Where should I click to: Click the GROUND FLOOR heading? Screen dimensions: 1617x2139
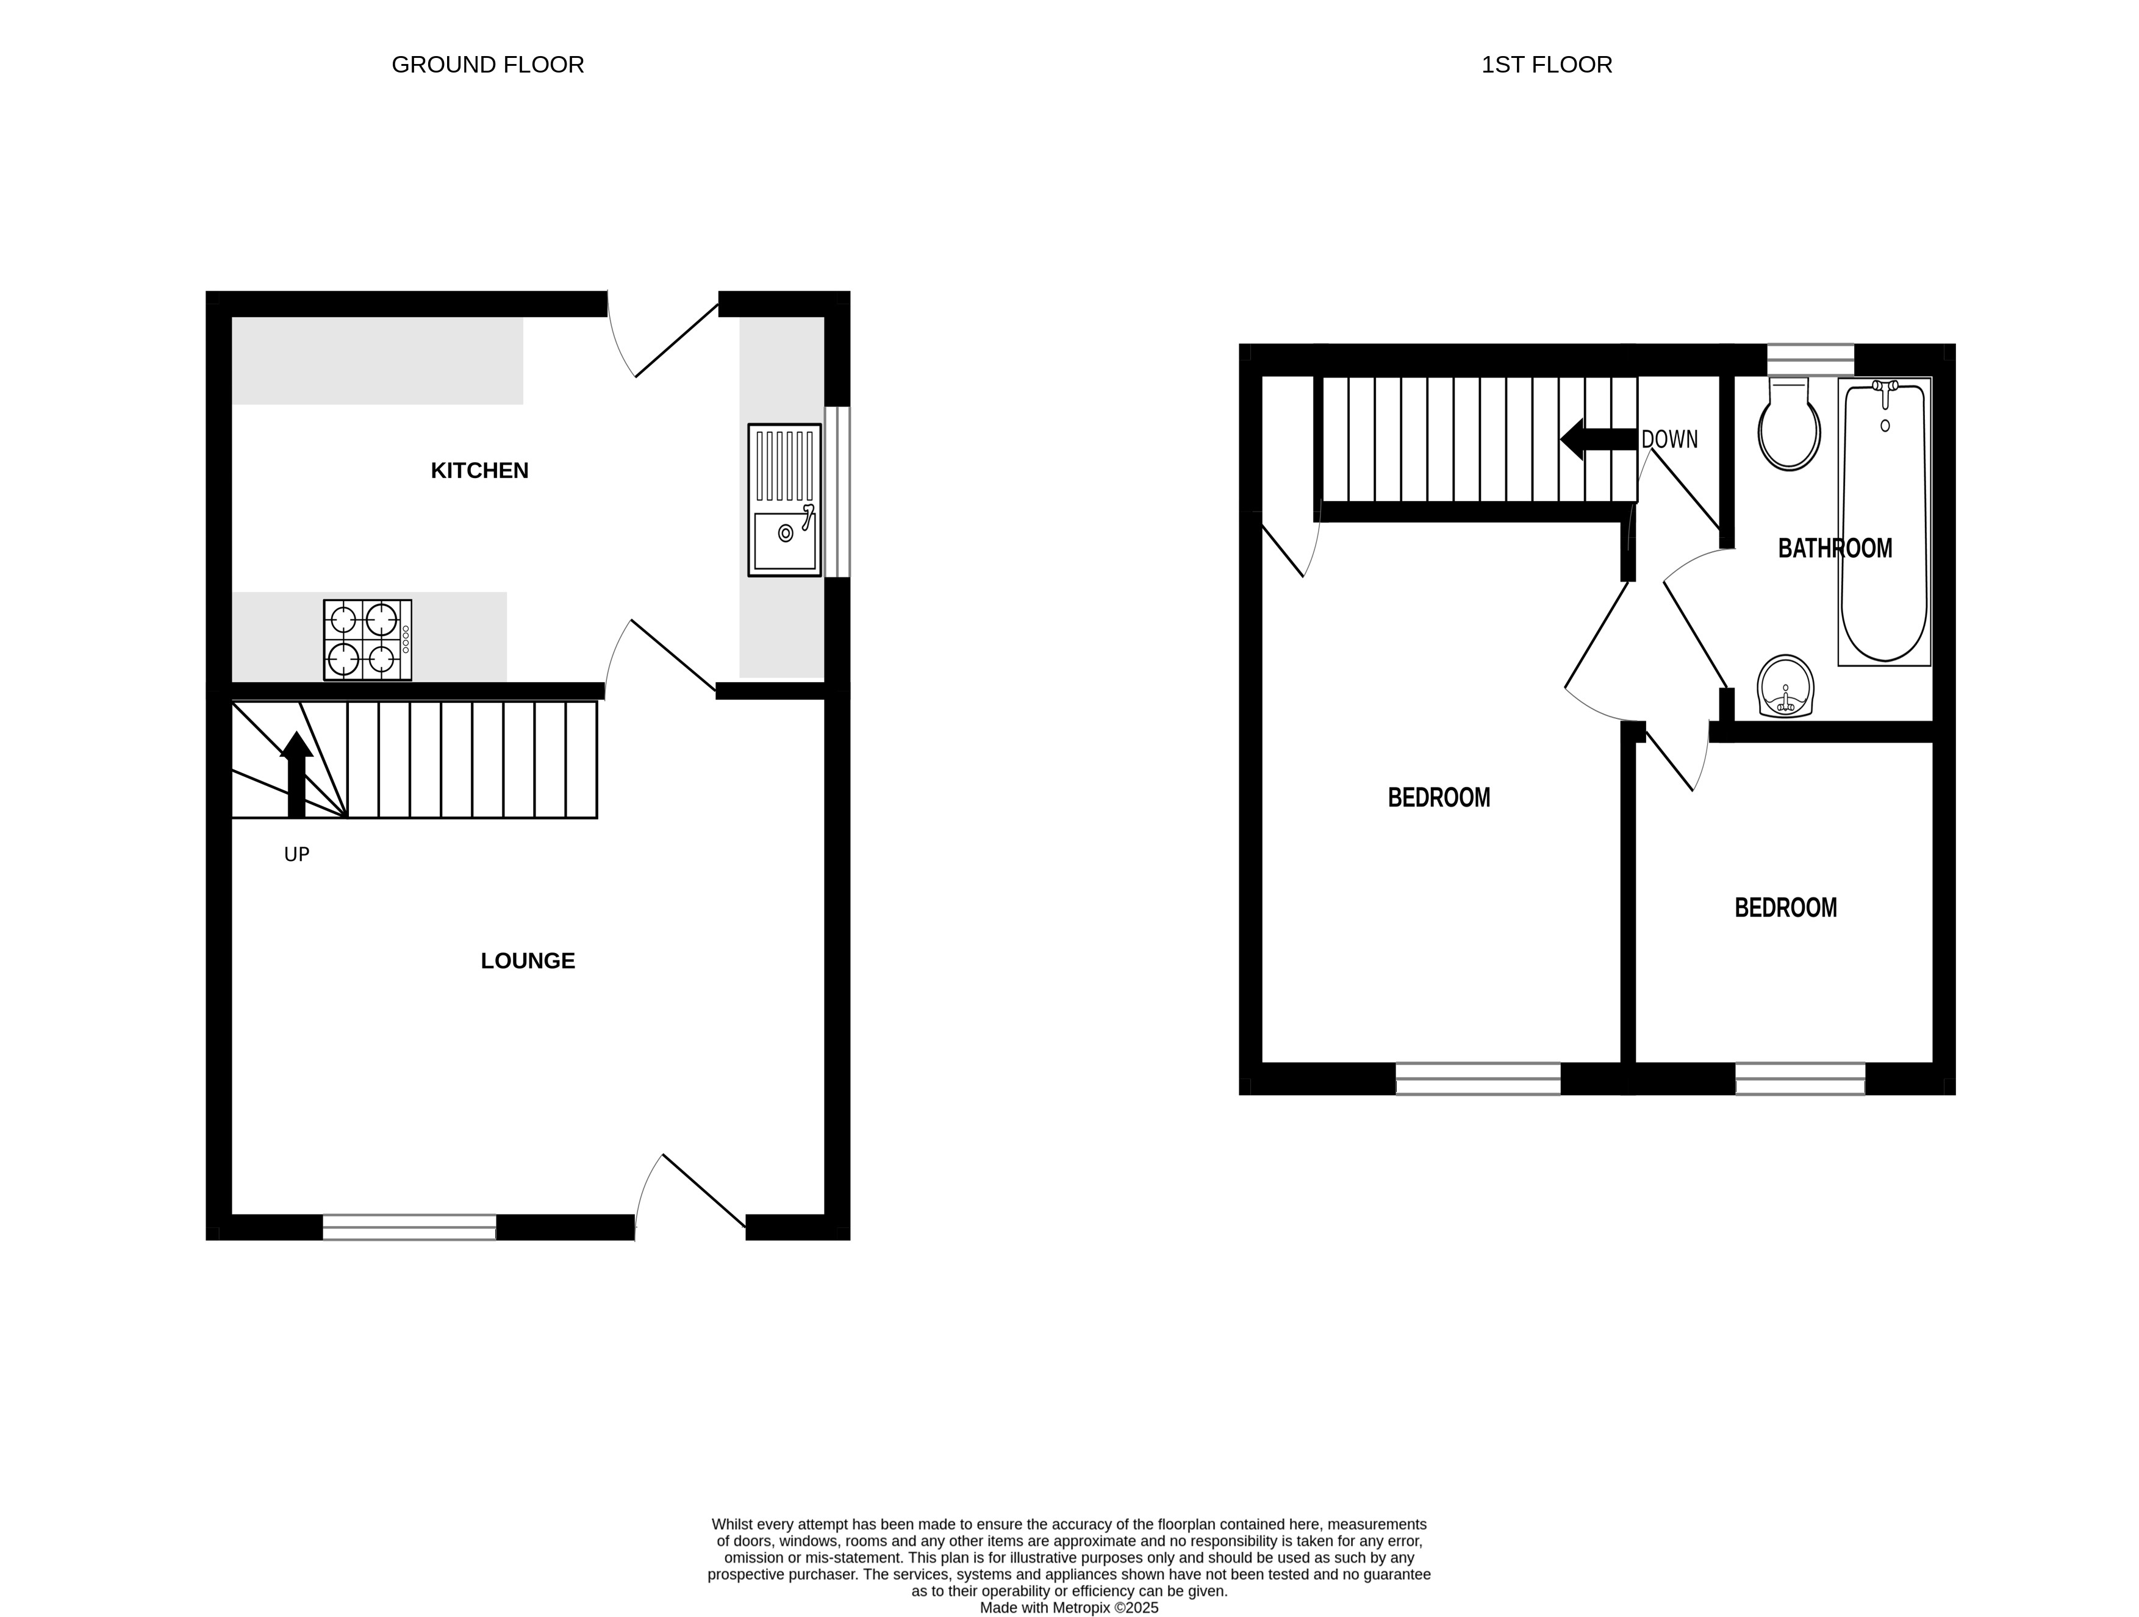[487, 65]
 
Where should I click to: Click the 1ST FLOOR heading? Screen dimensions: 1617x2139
[1546, 65]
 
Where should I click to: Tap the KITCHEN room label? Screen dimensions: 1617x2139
[479, 471]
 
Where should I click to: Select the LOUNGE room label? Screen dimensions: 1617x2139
[528, 961]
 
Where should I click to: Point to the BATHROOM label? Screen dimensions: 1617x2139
[1835, 549]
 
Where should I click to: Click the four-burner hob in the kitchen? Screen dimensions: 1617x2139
[367, 640]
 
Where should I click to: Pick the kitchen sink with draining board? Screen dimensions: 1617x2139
[784, 500]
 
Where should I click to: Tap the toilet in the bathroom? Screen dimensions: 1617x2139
[1789, 425]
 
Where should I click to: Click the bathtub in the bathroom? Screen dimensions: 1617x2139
[1883, 522]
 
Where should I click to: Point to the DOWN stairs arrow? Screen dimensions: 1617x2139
[1597, 439]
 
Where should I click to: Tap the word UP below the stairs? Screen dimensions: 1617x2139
[297, 854]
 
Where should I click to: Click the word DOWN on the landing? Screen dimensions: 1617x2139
[1669, 440]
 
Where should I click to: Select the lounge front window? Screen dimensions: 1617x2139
[409, 1227]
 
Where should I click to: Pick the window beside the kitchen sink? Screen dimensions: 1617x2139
[837, 492]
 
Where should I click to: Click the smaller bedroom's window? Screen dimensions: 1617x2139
[1800, 1079]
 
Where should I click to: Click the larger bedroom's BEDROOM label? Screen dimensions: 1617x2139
[1439, 798]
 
